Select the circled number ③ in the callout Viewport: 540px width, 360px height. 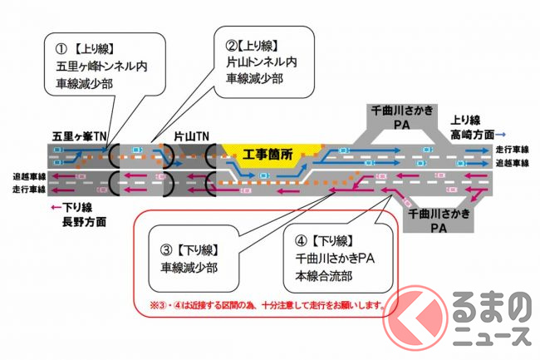(x=166, y=250)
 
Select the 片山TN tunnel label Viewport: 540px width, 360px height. (x=192, y=135)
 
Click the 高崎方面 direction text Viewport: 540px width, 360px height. (x=477, y=133)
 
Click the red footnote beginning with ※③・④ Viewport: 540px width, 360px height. (x=261, y=305)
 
